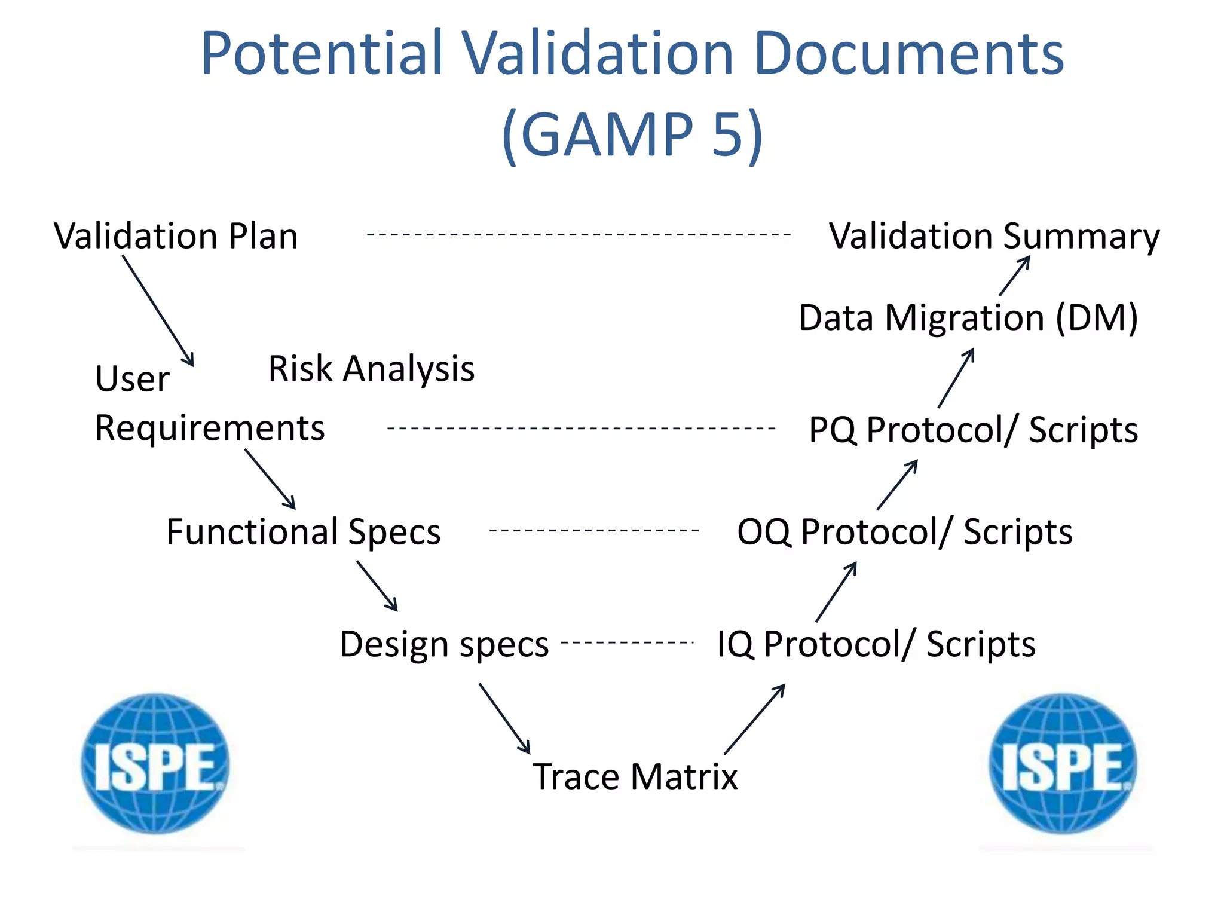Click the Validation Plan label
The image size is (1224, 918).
(176, 235)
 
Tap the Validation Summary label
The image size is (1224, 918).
(994, 235)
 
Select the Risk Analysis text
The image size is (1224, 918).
(371, 368)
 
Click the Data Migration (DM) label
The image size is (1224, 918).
(968, 317)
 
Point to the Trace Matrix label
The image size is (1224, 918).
(635, 776)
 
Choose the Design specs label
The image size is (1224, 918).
(444, 644)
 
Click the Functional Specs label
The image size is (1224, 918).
(303, 531)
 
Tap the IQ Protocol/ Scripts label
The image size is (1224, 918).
(876, 644)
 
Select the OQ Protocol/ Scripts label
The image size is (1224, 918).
(904, 531)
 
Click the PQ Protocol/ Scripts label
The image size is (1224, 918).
(973, 429)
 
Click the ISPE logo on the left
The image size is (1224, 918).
(156, 764)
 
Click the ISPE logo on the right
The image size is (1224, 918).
(1063, 764)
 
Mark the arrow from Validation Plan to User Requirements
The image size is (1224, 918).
(158, 310)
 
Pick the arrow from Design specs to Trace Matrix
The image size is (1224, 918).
(504, 718)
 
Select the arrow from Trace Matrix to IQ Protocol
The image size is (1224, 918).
(754, 719)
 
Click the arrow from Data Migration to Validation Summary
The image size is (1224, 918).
(1015, 276)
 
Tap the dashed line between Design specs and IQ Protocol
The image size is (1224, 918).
(628, 643)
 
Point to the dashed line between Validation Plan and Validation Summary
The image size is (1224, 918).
(579, 235)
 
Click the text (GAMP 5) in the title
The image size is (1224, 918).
(632, 134)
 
